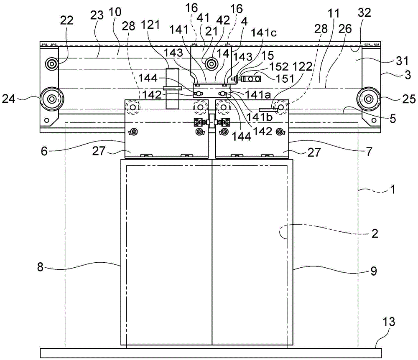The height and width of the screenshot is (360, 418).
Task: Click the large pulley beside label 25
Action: click(x=369, y=99)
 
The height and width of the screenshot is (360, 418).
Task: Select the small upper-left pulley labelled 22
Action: click(x=52, y=63)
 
